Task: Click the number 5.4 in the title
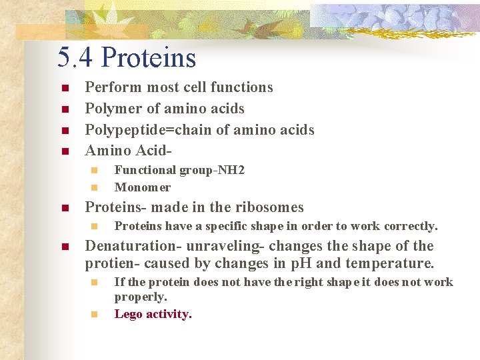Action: pos(73,57)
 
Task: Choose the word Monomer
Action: pos(143,187)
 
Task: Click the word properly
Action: pos(141,297)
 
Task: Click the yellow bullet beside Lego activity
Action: pos(94,314)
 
